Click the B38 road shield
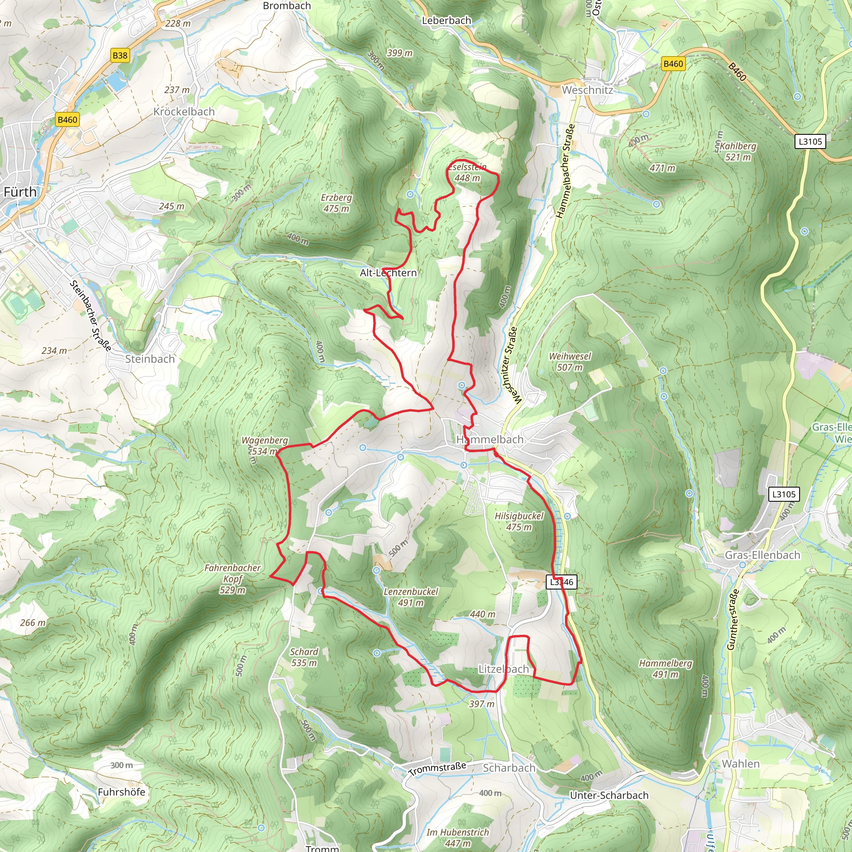click(120, 56)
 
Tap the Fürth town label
click(20, 192)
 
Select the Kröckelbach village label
click(184, 111)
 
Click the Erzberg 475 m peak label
click(336, 203)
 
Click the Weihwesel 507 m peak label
click(570, 362)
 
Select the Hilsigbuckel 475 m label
click(519, 521)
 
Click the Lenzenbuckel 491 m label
click(411, 597)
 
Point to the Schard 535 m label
click(304, 657)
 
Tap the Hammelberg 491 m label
click(666, 669)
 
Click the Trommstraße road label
click(437, 769)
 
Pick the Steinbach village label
click(150, 359)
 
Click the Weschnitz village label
click(587, 90)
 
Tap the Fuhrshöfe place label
click(121, 792)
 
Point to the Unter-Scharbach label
click(609, 795)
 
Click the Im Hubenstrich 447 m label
click(457, 837)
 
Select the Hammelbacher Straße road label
click(565, 171)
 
